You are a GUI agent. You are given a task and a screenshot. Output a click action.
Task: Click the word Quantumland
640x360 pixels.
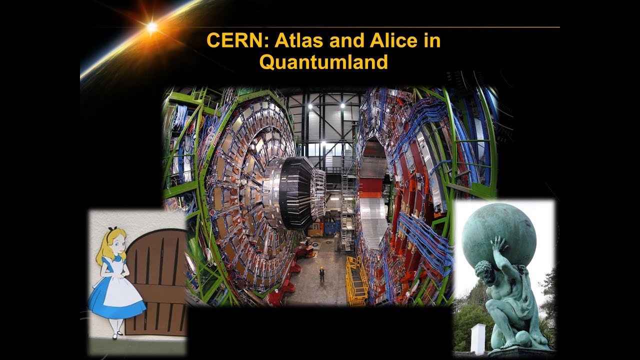coord(323,62)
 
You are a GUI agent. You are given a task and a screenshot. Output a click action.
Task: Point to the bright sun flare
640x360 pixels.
coord(152,27)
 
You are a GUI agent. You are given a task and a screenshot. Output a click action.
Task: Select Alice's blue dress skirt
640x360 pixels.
coord(116,299)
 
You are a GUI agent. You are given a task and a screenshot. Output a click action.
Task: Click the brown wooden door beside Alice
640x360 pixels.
coord(159,280)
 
